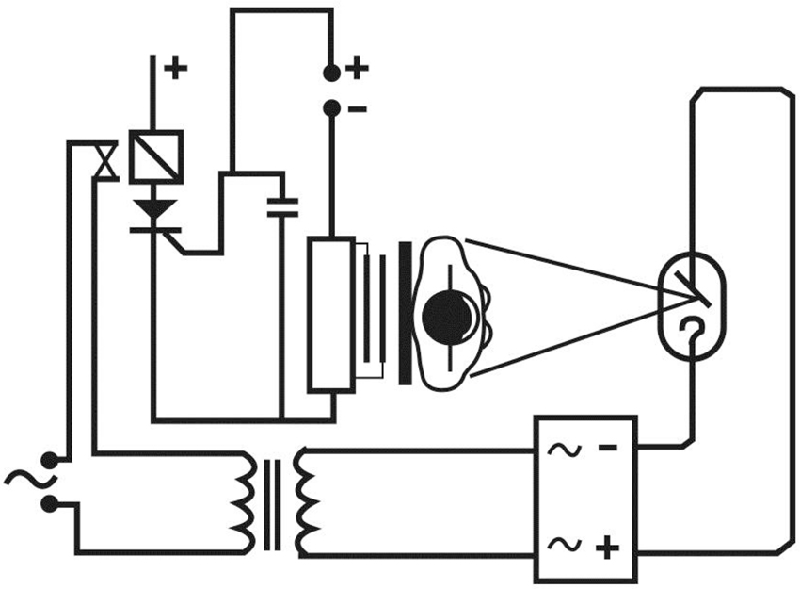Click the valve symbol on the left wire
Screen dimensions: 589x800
pyautogui.click(x=106, y=159)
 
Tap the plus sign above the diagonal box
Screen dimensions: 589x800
pyautogui.click(x=176, y=68)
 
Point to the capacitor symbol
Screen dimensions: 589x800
pyautogui.click(x=281, y=207)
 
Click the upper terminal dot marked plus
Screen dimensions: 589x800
pyautogui.click(x=331, y=73)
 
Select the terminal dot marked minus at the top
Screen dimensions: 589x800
pyautogui.click(x=331, y=109)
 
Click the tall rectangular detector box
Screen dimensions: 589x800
pyautogui.click(x=331, y=313)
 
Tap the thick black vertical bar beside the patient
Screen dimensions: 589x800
pyautogui.click(x=405, y=313)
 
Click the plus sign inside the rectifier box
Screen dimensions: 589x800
pyautogui.click(x=608, y=545)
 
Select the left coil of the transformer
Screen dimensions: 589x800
pyautogui.click(x=247, y=500)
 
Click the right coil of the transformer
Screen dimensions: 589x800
pyautogui.click(x=306, y=500)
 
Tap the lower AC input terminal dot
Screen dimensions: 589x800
pyautogui.click(x=49, y=504)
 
